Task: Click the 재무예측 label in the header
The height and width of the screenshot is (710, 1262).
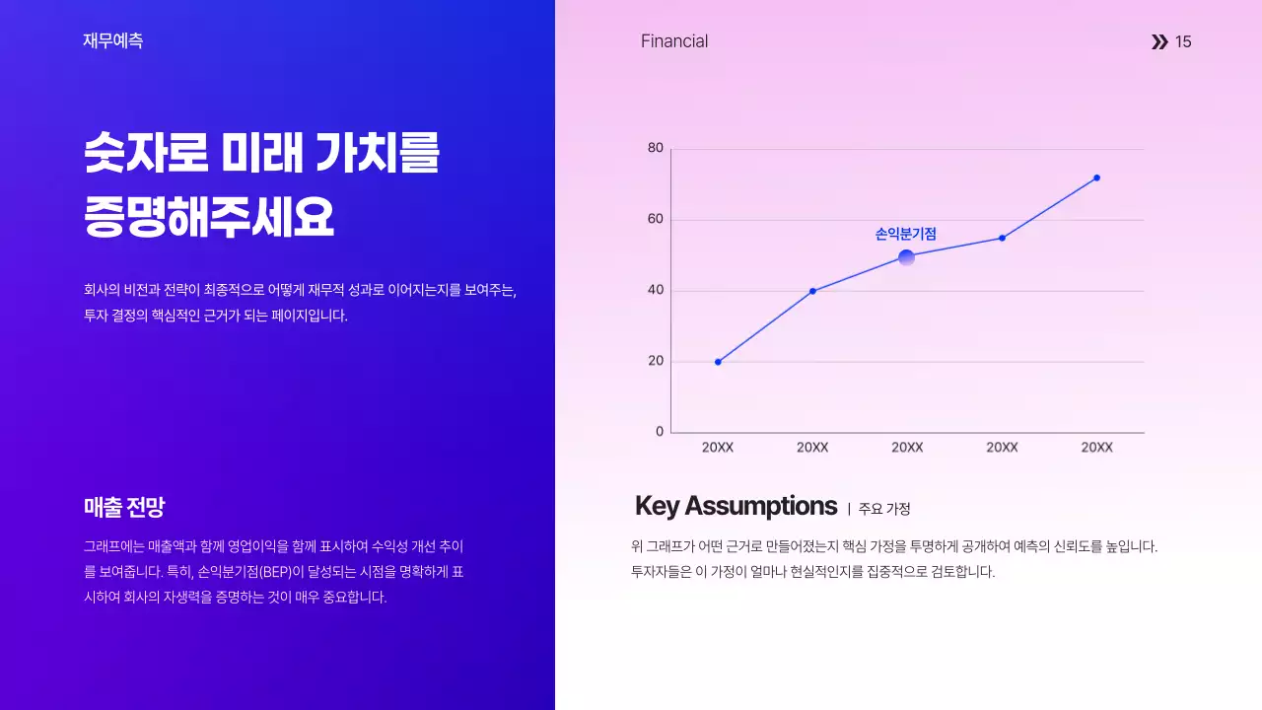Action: click(x=113, y=41)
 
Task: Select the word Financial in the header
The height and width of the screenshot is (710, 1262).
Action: click(x=674, y=41)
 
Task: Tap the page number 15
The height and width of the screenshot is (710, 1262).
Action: click(x=1183, y=41)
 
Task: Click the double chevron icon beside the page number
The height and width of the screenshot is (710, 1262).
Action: click(x=1159, y=41)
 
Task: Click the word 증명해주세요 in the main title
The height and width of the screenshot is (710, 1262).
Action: click(x=209, y=217)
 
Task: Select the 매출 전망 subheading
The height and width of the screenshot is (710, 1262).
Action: click(x=124, y=508)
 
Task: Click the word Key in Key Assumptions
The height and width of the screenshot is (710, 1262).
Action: click(x=657, y=507)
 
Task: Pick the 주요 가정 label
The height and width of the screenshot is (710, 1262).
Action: click(x=884, y=509)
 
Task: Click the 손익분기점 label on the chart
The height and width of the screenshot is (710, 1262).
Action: click(x=905, y=235)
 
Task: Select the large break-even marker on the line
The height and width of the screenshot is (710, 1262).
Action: click(x=906, y=258)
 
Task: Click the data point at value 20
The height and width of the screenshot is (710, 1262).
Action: click(x=718, y=362)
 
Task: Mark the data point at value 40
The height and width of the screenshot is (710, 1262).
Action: click(x=812, y=291)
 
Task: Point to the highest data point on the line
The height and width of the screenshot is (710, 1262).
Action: click(x=1096, y=178)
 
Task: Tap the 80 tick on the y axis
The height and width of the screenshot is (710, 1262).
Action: click(x=656, y=148)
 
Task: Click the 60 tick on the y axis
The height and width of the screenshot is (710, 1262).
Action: click(x=656, y=219)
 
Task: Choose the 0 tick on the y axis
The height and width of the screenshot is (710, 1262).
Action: click(x=660, y=432)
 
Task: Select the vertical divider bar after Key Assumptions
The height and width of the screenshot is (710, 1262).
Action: click(x=849, y=509)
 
